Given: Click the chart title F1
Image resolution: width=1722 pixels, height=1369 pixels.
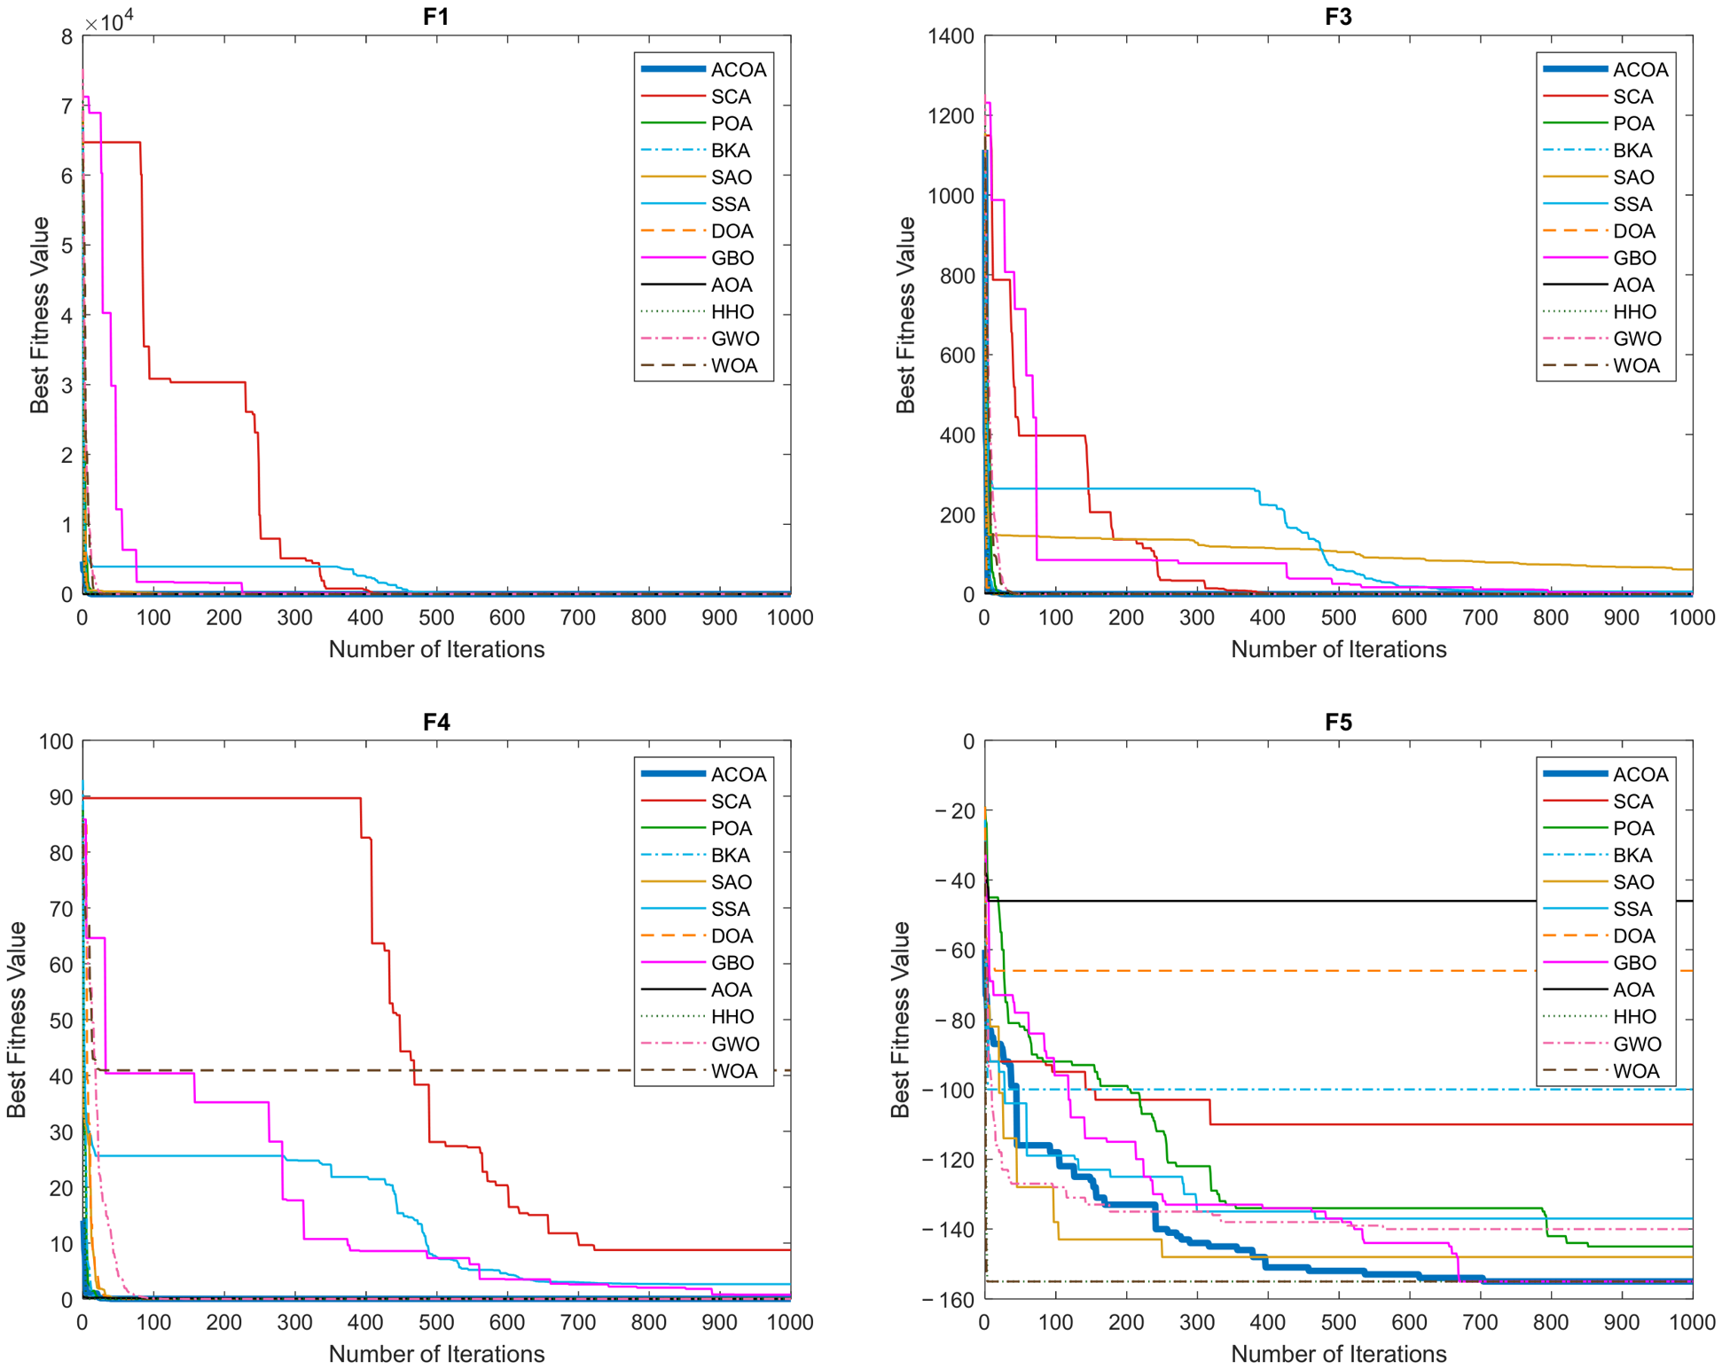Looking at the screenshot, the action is [x=435, y=17].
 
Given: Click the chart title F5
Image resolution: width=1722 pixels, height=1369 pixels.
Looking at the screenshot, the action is [x=1338, y=722].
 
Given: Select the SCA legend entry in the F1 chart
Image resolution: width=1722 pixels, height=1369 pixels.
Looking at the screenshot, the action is [x=702, y=97].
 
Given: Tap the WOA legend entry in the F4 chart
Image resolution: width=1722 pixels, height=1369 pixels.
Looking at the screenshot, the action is [x=702, y=1071].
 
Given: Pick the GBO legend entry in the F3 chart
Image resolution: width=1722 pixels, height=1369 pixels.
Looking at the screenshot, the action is [x=1605, y=258].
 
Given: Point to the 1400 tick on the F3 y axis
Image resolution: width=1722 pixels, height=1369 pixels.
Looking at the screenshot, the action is [x=951, y=36].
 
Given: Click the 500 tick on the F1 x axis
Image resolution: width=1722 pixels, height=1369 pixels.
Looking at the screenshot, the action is [x=436, y=617].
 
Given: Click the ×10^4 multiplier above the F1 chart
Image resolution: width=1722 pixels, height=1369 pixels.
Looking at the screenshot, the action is [x=109, y=20].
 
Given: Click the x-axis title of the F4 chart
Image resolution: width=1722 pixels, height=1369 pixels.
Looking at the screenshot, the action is [x=436, y=1354].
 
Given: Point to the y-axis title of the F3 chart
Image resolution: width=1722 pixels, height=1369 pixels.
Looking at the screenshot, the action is [x=904, y=315].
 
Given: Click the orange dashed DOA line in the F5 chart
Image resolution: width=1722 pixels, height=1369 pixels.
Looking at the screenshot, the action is [x=1343, y=971].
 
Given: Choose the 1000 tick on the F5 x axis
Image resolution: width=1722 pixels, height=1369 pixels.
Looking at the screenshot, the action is [x=1693, y=1322].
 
